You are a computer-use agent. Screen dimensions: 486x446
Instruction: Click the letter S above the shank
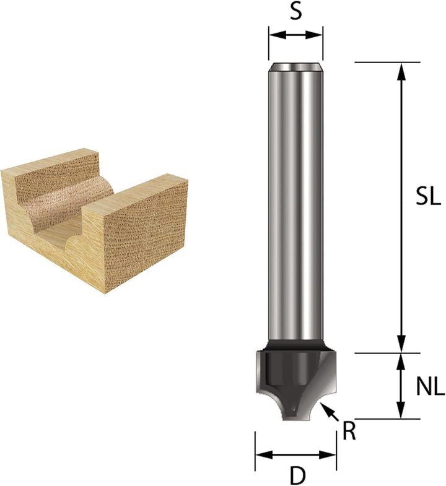click(x=296, y=12)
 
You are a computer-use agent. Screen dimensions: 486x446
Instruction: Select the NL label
click(x=429, y=388)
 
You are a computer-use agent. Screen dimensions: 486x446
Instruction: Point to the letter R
click(x=349, y=431)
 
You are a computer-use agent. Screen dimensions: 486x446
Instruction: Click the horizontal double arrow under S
click(x=295, y=35)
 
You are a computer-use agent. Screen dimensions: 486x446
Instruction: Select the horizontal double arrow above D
click(x=295, y=455)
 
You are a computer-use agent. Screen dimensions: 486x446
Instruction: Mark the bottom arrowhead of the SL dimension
click(x=401, y=345)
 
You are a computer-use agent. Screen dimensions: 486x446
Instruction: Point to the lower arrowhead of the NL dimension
click(x=401, y=411)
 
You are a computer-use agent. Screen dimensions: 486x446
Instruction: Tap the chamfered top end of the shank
click(x=295, y=67)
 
